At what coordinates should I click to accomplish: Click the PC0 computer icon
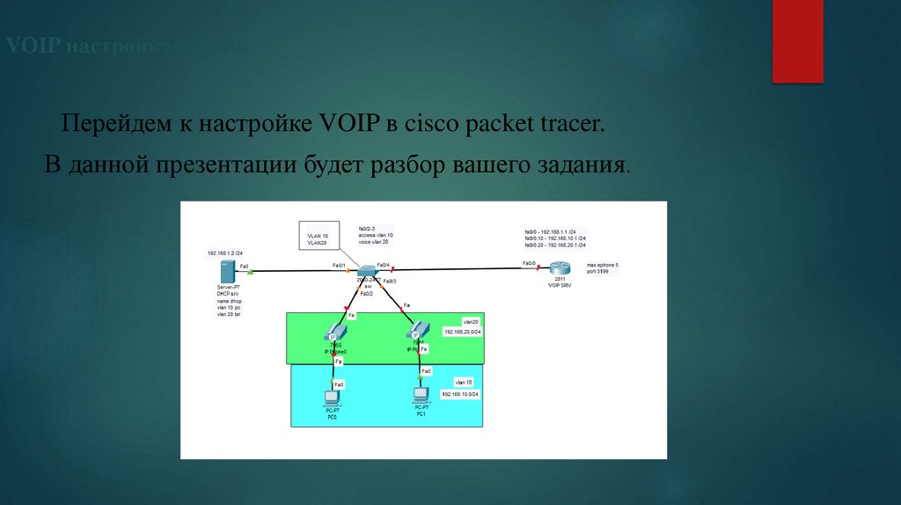pyautogui.click(x=333, y=399)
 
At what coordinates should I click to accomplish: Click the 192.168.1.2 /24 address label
pyautogui.click(x=224, y=252)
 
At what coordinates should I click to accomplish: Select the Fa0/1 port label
pyautogui.click(x=338, y=265)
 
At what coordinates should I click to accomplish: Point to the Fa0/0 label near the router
pyautogui.click(x=529, y=263)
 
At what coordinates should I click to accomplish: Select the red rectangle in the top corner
pyautogui.click(x=797, y=41)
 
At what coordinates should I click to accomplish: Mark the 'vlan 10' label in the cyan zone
pyautogui.click(x=464, y=382)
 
